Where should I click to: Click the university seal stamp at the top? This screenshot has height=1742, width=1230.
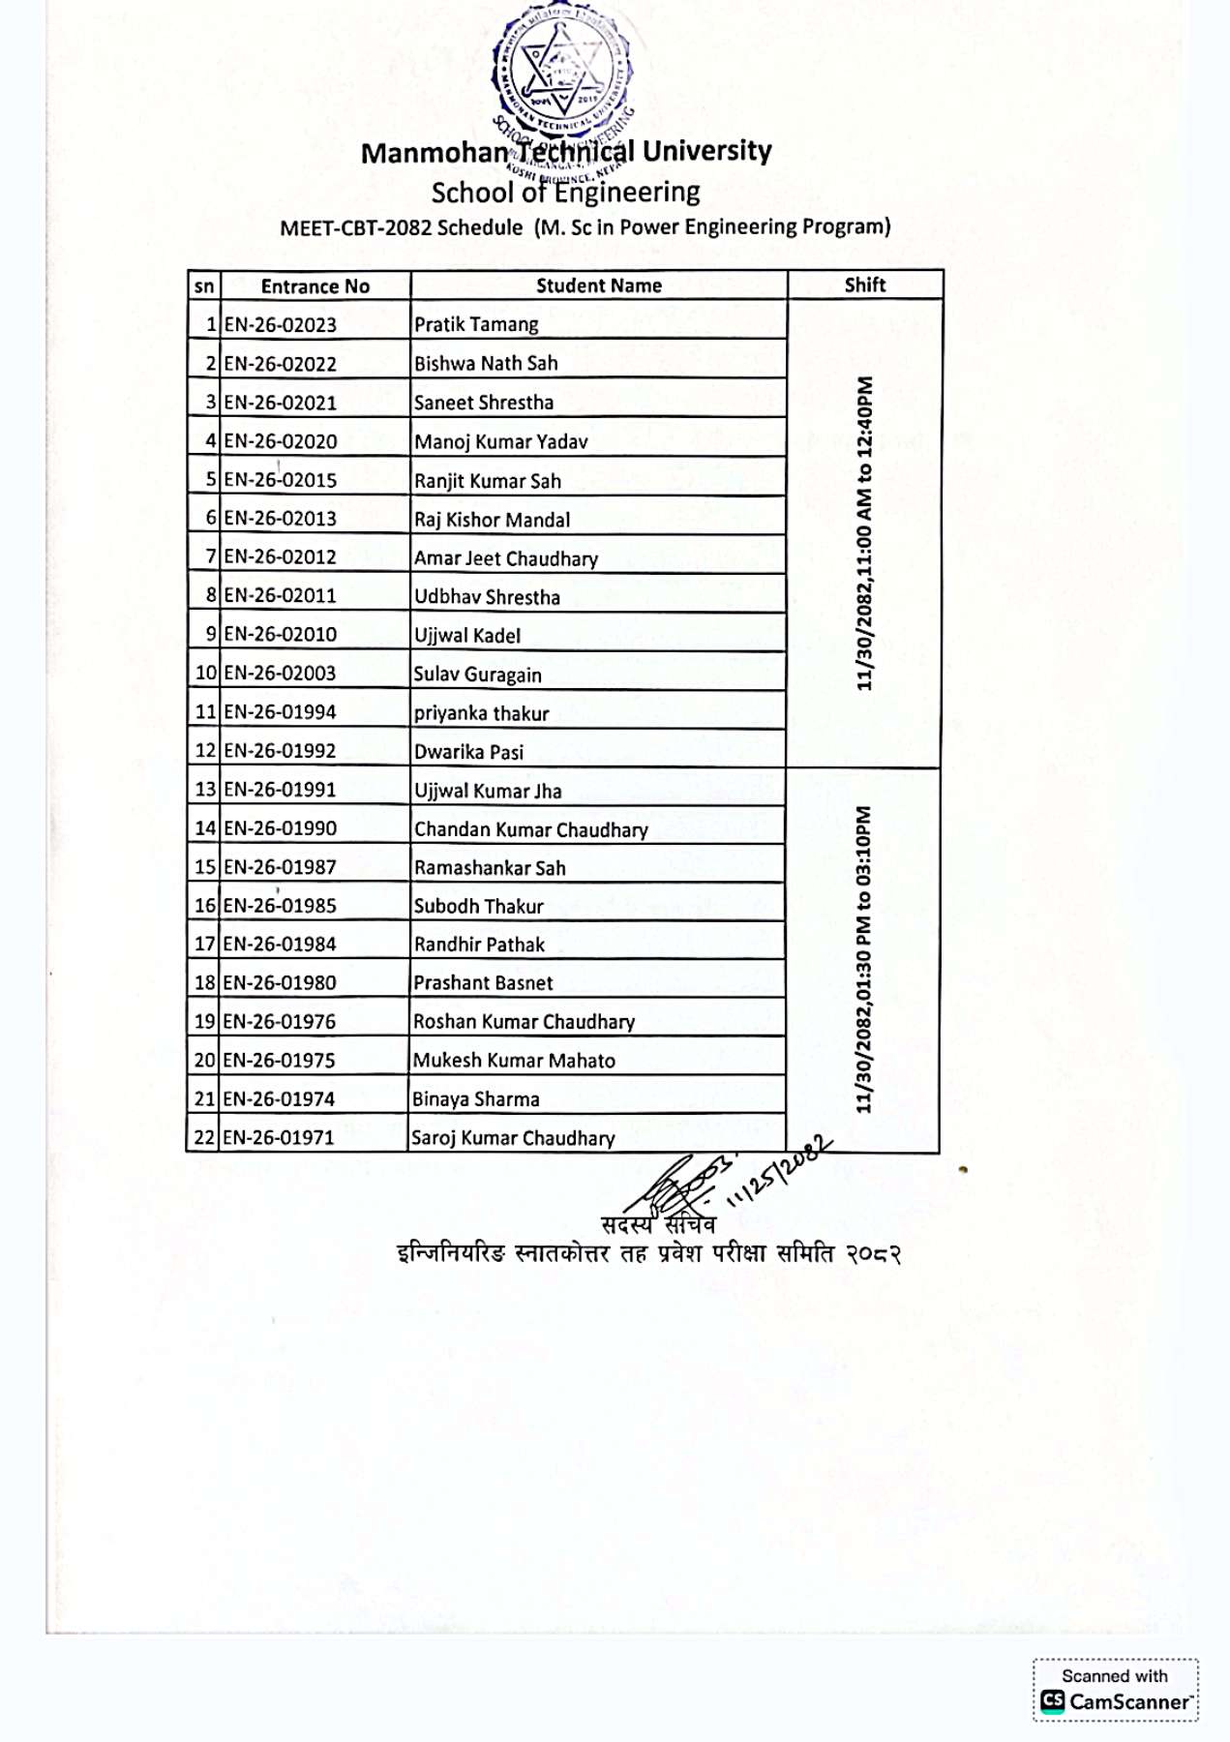pos(561,73)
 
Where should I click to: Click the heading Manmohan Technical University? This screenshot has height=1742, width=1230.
pos(566,152)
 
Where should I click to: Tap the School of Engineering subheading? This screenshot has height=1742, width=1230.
pos(565,193)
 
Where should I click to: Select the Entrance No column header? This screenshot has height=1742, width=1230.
pos(315,285)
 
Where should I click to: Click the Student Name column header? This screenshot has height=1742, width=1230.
pos(599,285)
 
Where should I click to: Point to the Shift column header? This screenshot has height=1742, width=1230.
pos(864,285)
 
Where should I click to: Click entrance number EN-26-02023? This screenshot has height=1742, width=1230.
pos(281,325)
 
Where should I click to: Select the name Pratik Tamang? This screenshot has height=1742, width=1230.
pos(476,324)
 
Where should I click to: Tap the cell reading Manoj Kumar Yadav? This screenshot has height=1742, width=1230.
pos(500,442)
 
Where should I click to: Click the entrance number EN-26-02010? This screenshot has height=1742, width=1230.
pos(281,635)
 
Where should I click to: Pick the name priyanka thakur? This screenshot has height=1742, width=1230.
pos(481,713)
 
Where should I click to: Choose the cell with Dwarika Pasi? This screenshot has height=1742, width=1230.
pos(468,752)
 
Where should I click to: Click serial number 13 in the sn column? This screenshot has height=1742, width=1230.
pos(205,790)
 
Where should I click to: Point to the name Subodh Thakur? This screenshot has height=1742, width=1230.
pos(478,907)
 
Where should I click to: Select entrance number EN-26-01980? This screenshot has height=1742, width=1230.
pos(280,983)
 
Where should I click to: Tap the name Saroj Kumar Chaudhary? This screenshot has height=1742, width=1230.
pos(513,1138)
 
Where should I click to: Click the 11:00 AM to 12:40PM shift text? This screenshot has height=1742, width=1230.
pos(864,533)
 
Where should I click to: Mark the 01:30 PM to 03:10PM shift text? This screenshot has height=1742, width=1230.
pos(863,959)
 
